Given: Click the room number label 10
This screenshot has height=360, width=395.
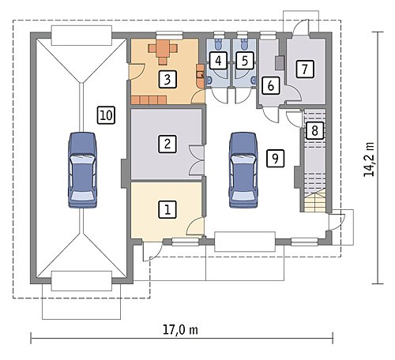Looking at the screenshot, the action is tap(106, 115).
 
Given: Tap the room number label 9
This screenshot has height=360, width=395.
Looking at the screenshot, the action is tap(275, 158).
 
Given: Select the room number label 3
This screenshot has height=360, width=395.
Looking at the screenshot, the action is tap(167, 79).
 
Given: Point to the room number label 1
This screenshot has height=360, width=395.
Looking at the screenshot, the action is tap(167, 209).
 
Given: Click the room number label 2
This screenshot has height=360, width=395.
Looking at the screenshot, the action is tap(167, 144).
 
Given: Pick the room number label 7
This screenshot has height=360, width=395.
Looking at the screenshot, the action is tap(305, 69).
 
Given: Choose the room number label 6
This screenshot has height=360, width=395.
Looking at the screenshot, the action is tap(271, 85).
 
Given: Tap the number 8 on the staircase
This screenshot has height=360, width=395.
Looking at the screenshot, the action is tap(314, 130).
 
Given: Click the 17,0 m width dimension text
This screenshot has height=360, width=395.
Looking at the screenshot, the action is tap(180, 329).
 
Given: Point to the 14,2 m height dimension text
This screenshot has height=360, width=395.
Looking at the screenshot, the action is tap(369, 159).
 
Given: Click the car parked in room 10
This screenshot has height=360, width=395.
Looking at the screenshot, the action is tap(82, 171).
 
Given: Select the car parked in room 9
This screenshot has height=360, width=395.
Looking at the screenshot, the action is tap(243, 171).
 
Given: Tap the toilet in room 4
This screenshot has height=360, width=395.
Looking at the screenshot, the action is tap(218, 44).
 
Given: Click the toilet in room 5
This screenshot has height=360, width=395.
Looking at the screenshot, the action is tap(244, 44).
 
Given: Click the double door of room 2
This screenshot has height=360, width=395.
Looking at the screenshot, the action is tap(197, 160).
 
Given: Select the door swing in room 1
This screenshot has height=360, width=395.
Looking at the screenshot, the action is tap(195, 226).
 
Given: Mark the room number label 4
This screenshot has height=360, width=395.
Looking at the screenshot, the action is tap(218, 61).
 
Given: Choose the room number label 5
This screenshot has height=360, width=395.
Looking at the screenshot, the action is tap(245, 61).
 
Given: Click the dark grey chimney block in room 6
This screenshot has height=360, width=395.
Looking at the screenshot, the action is tap(280, 63).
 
